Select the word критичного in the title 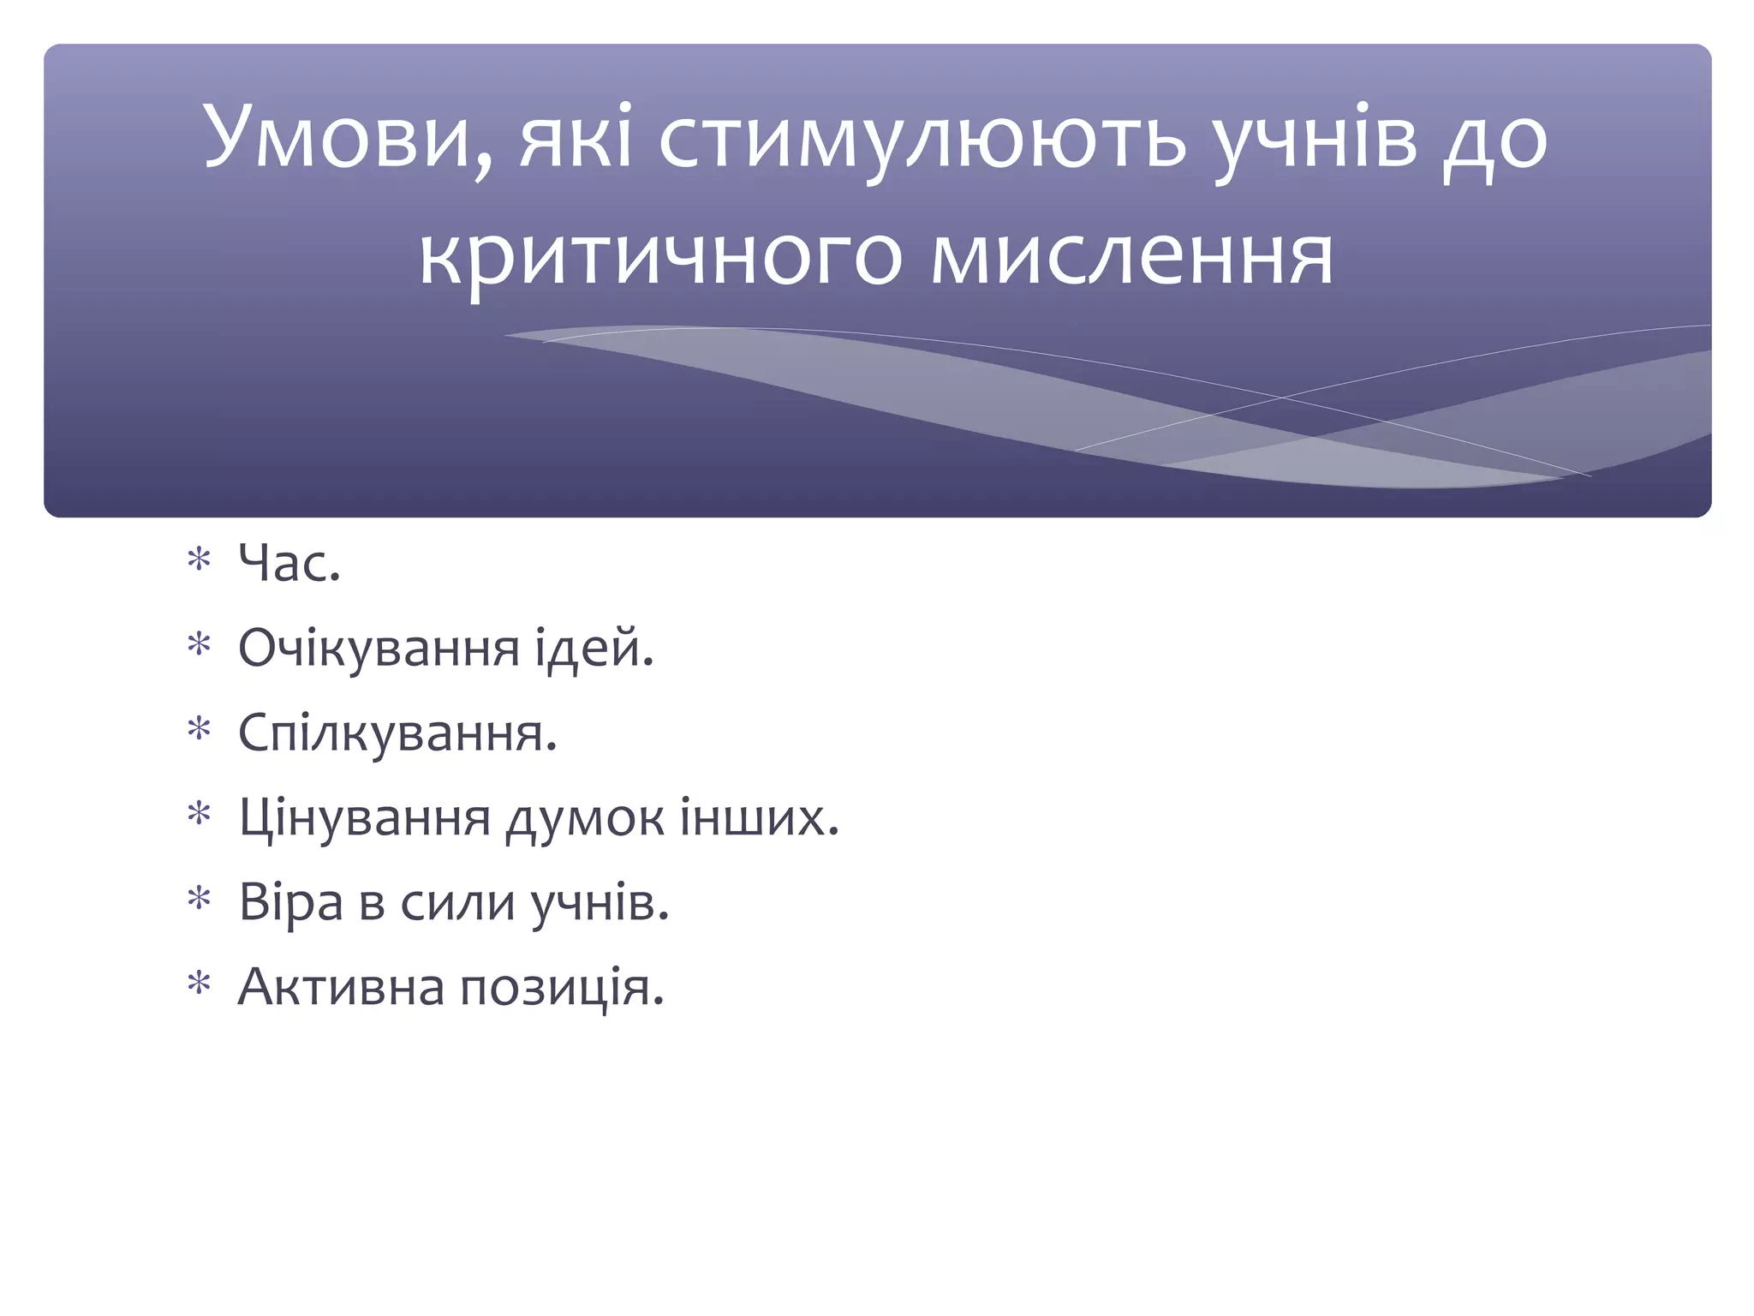[x=660, y=257]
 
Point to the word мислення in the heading [x=1132, y=257]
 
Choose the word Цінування [x=364, y=818]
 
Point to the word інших [x=759, y=818]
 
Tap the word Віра [x=290, y=902]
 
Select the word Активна [x=341, y=987]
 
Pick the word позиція [x=562, y=987]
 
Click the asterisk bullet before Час [x=200, y=561]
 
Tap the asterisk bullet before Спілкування [x=200, y=731]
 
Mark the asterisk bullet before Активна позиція [x=200, y=985]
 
